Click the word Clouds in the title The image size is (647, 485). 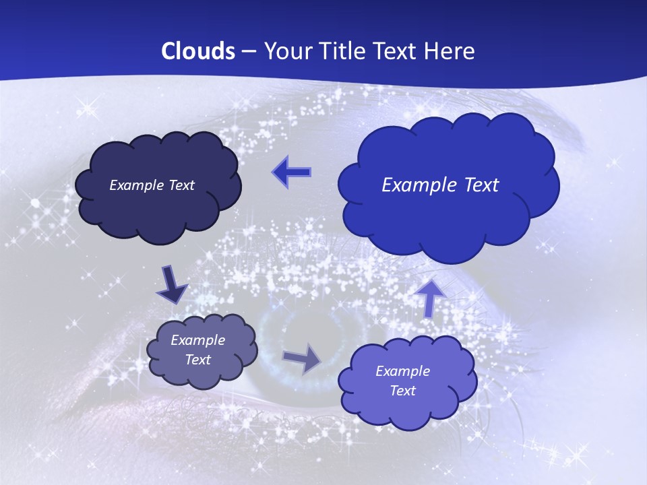pyautogui.click(x=198, y=51)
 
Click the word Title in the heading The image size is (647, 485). pyautogui.click(x=341, y=51)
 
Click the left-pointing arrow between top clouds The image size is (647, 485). pyautogui.click(x=291, y=172)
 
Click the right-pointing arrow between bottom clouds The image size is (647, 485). pyautogui.click(x=302, y=358)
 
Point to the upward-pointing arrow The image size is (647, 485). pyautogui.click(x=431, y=297)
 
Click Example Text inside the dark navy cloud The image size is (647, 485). pyautogui.click(x=152, y=185)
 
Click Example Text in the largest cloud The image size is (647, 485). pyautogui.click(x=440, y=185)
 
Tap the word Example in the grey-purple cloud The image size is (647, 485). pyautogui.click(x=197, y=340)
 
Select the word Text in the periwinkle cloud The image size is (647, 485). pyautogui.click(x=402, y=391)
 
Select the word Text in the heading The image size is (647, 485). pyautogui.click(x=393, y=51)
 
